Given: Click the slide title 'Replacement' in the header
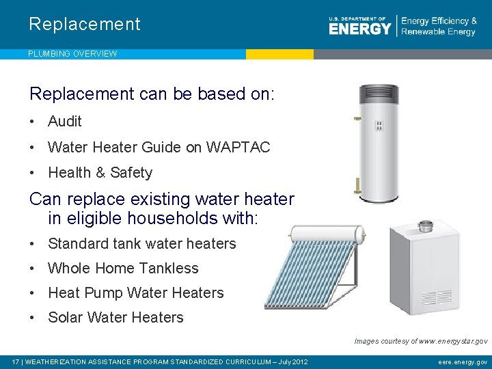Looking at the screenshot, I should click(84, 25).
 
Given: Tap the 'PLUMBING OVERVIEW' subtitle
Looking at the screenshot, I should click(72, 53).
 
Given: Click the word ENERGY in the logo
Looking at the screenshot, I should click(359, 29).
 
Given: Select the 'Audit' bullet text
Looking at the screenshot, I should click(65, 122).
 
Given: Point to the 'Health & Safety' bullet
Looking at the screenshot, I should click(100, 173).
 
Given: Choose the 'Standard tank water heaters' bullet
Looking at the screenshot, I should click(141, 244).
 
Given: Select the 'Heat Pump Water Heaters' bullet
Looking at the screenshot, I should click(135, 293).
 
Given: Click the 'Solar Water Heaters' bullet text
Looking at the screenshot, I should click(115, 318).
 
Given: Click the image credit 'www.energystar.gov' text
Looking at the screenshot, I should click(453, 340).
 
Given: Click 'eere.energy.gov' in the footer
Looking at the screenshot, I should click(463, 361).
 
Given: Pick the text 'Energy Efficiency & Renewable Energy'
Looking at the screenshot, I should click(439, 27).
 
